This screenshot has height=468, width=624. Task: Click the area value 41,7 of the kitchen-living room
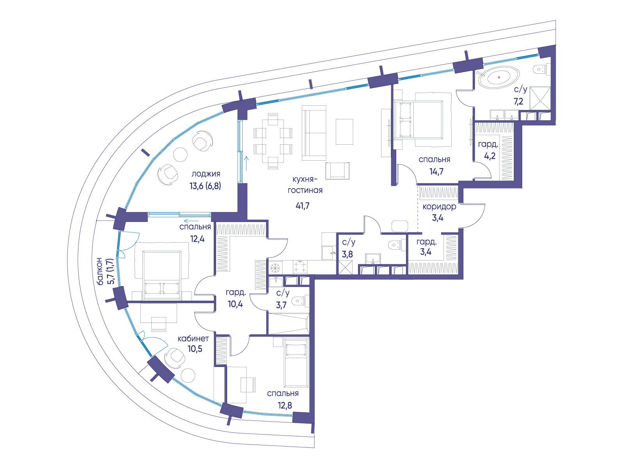click(303, 206)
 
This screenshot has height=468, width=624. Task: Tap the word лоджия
click(206, 174)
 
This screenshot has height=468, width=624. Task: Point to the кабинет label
click(193, 339)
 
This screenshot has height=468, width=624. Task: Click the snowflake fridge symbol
click(275, 268)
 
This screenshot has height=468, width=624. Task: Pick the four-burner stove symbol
click(300, 267)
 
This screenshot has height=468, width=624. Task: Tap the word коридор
click(439, 207)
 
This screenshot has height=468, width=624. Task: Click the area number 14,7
click(436, 171)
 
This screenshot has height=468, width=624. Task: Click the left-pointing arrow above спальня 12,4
click(191, 220)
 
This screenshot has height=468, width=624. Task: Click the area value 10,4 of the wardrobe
click(236, 304)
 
